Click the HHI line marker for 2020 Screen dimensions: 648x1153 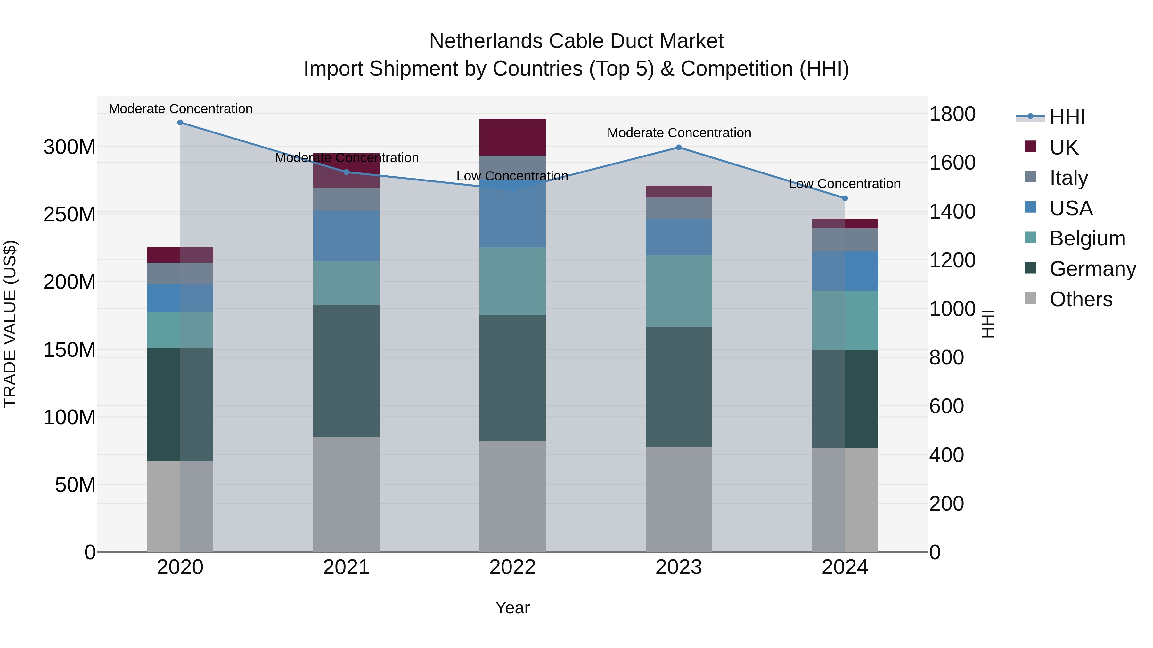[180, 123]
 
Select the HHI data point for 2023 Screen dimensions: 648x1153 [679, 148]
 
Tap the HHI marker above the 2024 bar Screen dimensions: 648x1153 [845, 198]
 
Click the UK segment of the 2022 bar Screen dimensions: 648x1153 [512, 137]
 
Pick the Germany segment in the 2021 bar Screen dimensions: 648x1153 [346, 371]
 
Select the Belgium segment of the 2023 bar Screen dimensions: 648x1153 [679, 291]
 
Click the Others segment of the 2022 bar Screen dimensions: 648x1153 [512, 496]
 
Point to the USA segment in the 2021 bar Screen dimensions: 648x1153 [346, 236]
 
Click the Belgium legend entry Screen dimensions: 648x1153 [1087, 238]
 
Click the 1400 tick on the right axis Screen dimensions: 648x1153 [952, 212]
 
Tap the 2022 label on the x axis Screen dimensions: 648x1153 [512, 567]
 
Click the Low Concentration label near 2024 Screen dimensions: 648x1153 [844, 184]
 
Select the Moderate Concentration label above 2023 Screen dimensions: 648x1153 [679, 133]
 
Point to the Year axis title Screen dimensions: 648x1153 [512, 608]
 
